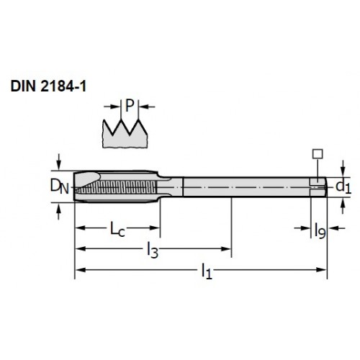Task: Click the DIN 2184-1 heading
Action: (x=48, y=86)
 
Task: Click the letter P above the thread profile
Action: (x=130, y=106)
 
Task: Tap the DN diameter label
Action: (x=59, y=186)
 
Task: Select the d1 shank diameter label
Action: (x=343, y=186)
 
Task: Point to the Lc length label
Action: (x=117, y=229)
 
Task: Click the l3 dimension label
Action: (x=153, y=250)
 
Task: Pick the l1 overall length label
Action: (x=207, y=271)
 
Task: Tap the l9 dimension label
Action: (x=320, y=230)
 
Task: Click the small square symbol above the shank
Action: (x=318, y=154)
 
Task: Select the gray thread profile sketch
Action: (x=125, y=134)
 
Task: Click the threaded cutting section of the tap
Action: (x=116, y=187)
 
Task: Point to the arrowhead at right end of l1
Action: (x=322, y=270)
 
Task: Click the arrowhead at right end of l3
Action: (x=226, y=248)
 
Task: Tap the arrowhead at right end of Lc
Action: (x=155, y=228)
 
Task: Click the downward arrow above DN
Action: (x=59, y=162)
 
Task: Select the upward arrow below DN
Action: (x=58, y=212)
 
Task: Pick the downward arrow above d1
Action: (x=343, y=169)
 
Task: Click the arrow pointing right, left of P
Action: (x=112, y=107)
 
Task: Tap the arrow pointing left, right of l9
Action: (x=336, y=228)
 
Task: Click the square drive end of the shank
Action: (x=318, y=187)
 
